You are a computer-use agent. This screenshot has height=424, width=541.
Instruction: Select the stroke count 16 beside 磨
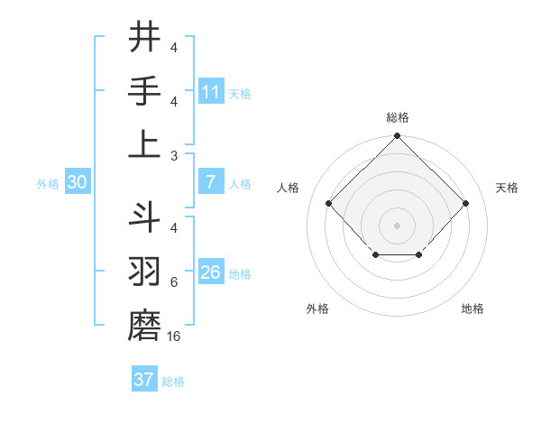pos(175,336)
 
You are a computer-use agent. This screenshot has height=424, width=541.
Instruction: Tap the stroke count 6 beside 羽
pos(174,282)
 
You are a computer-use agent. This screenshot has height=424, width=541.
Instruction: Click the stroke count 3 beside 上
pos(174,154)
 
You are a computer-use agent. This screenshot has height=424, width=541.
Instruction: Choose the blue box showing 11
pos(211,92)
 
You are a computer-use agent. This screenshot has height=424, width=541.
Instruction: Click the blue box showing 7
pos(211,182)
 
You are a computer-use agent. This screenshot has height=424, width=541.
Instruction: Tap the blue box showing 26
pos(211,272)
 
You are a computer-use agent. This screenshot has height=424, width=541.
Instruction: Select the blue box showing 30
pos(77,182)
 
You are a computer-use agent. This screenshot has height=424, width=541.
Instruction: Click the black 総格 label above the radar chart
pos(397,117)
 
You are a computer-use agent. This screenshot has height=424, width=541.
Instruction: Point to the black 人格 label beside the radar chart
pos(289,188)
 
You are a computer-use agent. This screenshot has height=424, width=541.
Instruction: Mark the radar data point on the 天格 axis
pos(465,203)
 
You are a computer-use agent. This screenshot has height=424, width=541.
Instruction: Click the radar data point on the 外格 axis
pos(375,256)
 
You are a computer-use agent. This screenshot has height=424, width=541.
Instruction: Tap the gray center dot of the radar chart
pos(397,226)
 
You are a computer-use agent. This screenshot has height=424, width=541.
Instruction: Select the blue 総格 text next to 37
pos(173,382)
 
